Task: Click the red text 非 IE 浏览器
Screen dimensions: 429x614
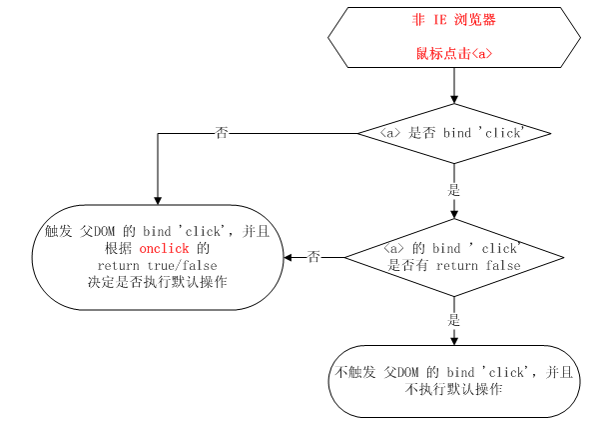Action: (454, 19)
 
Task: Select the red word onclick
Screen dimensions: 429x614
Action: (165, 247)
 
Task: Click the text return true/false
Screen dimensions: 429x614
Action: (158, 265)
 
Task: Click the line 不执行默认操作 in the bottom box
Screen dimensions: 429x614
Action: (454, 390)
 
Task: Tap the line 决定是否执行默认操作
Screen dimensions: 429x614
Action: (158, 282)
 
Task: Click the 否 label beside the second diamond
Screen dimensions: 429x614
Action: (313, 257)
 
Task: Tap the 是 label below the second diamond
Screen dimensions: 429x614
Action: (454, 320)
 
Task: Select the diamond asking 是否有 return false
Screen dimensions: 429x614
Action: (454, 257)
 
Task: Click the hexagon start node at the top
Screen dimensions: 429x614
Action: (454, 38)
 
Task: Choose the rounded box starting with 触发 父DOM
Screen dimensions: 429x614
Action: (158, 256)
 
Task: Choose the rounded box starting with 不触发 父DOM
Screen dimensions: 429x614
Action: (454, 381)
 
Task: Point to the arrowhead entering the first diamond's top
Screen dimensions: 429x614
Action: (454, 99)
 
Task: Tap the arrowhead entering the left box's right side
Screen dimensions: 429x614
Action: (289, 257)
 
